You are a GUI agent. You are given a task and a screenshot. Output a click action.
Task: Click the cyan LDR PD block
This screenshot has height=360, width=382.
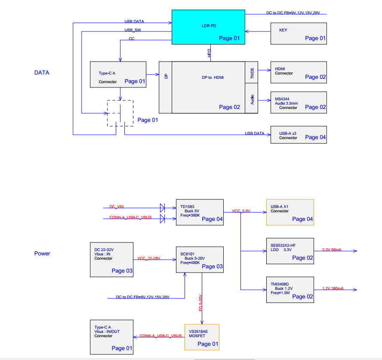tap(208, 27)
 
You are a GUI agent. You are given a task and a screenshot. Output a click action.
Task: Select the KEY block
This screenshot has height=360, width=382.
tap(298, 33)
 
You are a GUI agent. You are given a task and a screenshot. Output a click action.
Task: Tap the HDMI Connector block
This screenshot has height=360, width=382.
tap(298, 72)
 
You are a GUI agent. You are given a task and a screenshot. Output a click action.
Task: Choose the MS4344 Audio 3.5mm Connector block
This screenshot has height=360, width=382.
tap(298, 102)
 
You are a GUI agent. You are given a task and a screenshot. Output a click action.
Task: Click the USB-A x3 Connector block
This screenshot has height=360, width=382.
tap(298, 135)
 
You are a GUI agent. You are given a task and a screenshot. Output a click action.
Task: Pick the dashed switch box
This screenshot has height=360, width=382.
tap(120, 113)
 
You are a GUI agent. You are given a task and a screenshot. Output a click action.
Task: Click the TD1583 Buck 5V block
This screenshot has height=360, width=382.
tap(200, 212)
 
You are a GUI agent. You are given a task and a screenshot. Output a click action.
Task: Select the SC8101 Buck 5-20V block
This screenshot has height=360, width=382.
tap(200, 259)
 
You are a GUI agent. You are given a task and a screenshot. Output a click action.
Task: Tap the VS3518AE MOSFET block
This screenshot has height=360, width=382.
tap(202, 336)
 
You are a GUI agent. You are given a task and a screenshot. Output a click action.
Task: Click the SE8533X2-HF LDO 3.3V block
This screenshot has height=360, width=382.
tap(290, 251)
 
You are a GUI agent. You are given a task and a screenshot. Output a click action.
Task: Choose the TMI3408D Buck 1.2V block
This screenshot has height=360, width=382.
tap(290, 289)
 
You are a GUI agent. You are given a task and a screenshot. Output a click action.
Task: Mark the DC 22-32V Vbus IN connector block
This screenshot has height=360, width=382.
tap(111, 259)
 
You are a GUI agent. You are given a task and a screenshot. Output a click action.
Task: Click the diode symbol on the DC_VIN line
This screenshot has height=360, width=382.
tap(162, 208)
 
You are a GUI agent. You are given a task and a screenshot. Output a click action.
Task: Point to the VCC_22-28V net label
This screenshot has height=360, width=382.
tap(149, 258)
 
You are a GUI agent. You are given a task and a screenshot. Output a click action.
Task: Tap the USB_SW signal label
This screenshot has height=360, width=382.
tap(132, 30)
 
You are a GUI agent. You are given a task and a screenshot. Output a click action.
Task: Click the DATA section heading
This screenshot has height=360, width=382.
tap(42, 73)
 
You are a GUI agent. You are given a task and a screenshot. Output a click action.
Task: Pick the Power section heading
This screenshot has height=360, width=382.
tap(42, 254)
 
